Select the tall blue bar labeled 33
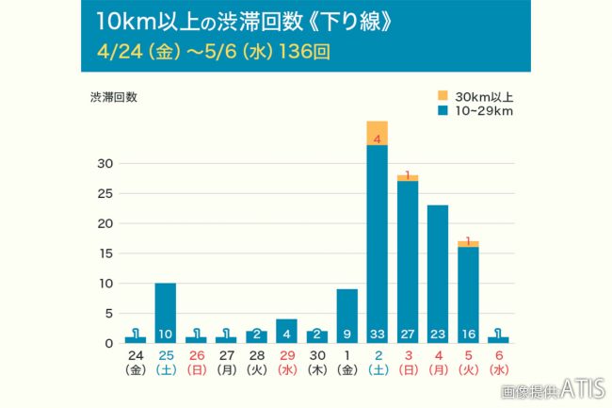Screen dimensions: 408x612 click(377, 236)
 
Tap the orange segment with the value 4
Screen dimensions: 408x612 click(377, 133)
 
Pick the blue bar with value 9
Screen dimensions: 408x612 click(346, 311)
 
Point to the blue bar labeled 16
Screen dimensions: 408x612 click(467, 292)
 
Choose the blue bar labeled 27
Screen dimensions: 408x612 click(407, 254)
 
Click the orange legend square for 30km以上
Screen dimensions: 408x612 click(443, 95)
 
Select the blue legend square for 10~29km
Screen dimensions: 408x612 click(443, 111)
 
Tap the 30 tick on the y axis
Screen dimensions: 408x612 click(107, 164)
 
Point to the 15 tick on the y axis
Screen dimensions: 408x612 click(107, 253)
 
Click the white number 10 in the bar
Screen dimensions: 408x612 click(165, 335)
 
